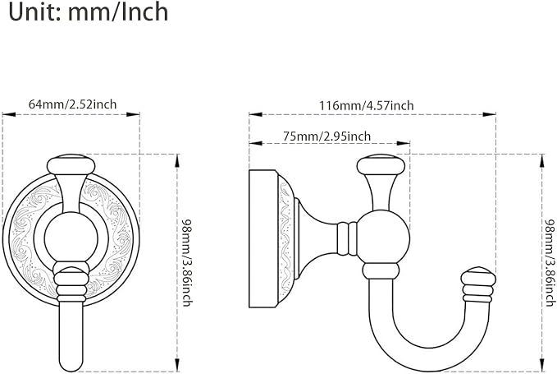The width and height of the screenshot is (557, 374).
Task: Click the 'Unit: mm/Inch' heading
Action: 89,12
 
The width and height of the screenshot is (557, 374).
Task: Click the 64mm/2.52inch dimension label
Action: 72,104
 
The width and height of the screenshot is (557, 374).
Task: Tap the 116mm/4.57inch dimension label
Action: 366,106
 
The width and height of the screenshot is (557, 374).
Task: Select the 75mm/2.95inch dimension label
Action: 326,136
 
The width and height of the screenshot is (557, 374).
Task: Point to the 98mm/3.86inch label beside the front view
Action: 186,262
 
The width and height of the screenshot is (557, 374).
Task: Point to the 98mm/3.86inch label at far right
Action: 550,262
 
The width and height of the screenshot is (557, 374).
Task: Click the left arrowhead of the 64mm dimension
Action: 9,114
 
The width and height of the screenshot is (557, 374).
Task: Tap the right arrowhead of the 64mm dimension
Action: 133,114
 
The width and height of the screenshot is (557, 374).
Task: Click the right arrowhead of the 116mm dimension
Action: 489,114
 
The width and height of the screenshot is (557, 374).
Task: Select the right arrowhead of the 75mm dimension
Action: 403,143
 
